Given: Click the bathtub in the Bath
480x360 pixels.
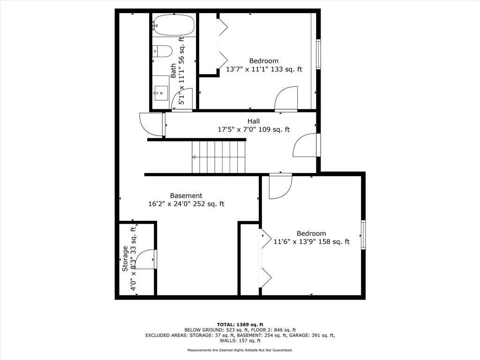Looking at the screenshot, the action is [173, 25].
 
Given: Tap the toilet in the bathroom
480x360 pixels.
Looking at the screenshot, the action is [162, 52].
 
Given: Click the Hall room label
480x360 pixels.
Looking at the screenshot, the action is [254, 121].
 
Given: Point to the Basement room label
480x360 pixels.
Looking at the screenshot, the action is [186, 195].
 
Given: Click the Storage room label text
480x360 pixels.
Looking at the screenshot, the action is [125, 259].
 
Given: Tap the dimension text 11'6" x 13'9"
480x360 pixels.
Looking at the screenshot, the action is [295, 242].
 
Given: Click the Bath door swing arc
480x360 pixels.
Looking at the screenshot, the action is [182, 99].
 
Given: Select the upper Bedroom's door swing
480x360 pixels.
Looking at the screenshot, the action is [286, 98].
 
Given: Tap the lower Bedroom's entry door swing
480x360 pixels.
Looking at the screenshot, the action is [280, 187].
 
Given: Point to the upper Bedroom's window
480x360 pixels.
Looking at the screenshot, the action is [319, 54].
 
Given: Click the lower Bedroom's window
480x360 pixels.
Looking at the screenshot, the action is [363, 235].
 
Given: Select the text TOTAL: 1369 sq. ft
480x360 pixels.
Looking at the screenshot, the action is [240, 324].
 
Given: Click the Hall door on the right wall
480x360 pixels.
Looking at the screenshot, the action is [306, 145].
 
